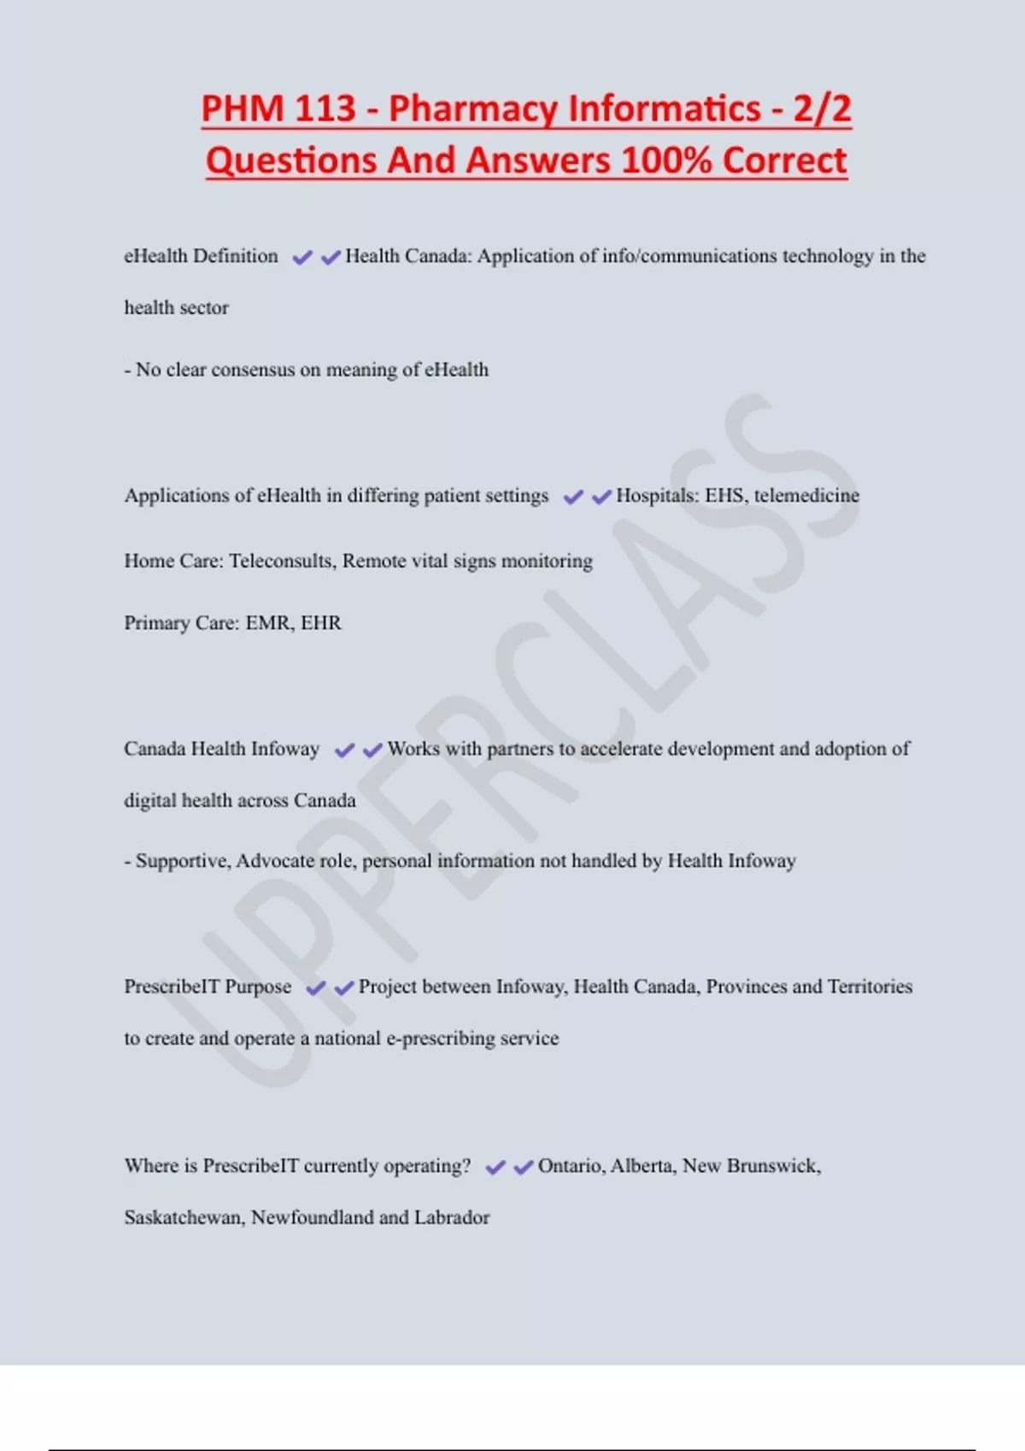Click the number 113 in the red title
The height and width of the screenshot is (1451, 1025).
[325, 109]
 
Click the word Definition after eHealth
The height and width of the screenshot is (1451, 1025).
[236, 256]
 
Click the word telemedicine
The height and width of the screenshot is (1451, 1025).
[806, 495]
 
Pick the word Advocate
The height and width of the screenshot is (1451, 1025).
[275, 860]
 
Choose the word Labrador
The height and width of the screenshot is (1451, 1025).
[452, 1218]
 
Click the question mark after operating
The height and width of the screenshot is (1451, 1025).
[466, 1166]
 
